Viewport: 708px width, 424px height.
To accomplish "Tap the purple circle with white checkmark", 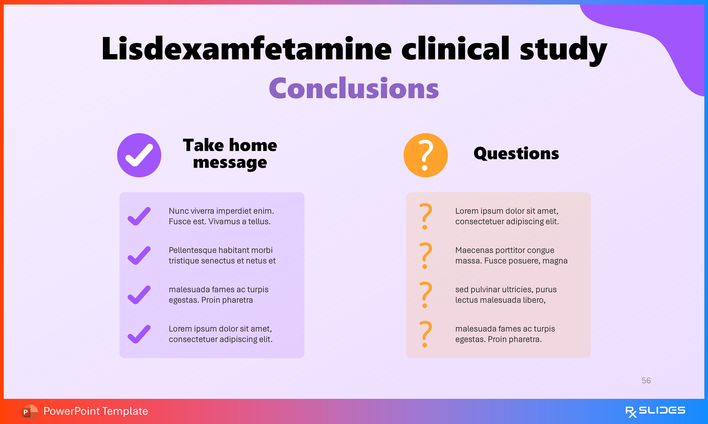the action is pyautogui.click(x=139, y=155).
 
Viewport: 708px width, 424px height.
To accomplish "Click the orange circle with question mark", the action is pyautogui.click(x=425, y=155).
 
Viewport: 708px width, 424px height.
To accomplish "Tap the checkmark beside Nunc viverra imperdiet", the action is pyautogui.click(x=139, y=216).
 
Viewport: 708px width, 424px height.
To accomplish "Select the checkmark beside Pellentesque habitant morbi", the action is pyautogui.click(x=139, y=255).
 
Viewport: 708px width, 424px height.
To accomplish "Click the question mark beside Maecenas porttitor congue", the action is pyautogui.click(x=425, y=255).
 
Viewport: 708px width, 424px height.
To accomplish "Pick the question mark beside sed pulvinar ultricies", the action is pyautogui.click(x=425, y=295).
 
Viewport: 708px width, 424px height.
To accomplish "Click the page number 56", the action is pyautogui.click(x=646, y=381).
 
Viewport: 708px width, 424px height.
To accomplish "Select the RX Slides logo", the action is pyautogui.click(x=655, y=411).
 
